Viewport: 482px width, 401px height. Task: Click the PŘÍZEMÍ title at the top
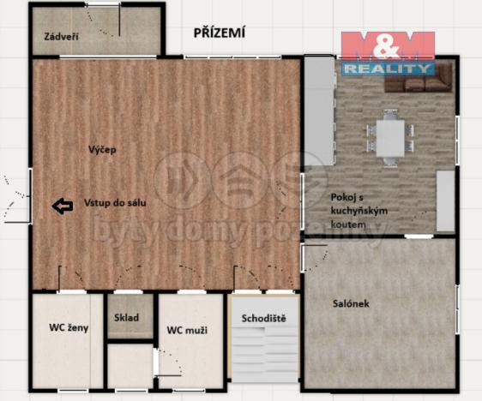tap(219, 33)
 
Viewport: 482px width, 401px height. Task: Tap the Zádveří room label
tap(54, 37)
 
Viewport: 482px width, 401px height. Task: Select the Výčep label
tap(101, 150)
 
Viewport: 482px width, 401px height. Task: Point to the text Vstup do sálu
tap(115, 204)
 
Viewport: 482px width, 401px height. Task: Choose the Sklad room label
tap(126, 318)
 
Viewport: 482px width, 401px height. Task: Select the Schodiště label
tap(263, 319)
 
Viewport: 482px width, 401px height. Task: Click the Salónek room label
tap(350, 302)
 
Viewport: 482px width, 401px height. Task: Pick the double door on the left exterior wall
tap(19, 197)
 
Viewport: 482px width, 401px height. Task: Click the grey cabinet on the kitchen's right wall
tap(445, 200)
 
